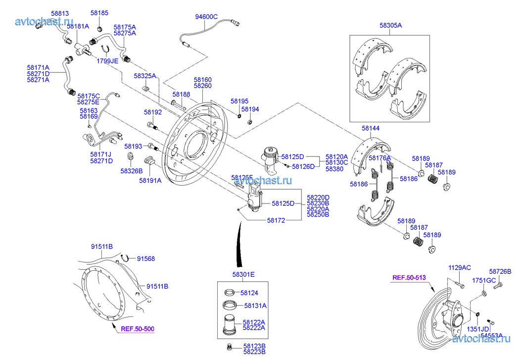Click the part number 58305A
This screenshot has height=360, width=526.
coord(390,25)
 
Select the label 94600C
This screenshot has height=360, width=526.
coord(206,16)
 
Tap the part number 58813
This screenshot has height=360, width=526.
coord(59,13)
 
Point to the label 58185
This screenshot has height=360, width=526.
coord(99,13)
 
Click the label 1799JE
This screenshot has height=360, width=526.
coord(107,61)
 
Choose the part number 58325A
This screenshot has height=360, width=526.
coord(144,76)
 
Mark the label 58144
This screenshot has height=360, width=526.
coord(371,128)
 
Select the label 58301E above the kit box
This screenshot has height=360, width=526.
coord(244,274)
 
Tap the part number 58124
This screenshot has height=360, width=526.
coord(249,293)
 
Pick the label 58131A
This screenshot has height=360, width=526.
coord(253,306)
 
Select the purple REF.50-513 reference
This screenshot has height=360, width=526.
coord(409,278)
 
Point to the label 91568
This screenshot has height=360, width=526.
coord(146,258)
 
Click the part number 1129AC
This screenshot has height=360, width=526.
coord(459,267)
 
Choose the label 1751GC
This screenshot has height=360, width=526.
coord(483,280)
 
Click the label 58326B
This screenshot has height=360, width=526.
coord(131,170)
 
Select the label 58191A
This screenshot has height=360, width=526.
coord(150,181)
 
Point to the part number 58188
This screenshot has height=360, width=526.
coord(181,94)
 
